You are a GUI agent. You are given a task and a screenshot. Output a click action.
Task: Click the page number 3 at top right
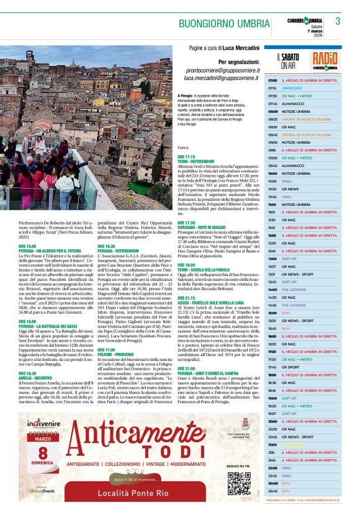338,21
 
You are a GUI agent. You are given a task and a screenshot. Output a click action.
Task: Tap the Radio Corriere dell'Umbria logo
325,60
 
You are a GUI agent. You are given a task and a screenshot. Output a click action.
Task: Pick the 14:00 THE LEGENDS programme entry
294,290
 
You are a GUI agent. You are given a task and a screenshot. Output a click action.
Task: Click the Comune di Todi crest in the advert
245,423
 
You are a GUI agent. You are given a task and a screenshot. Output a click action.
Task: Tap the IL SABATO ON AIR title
287,60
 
